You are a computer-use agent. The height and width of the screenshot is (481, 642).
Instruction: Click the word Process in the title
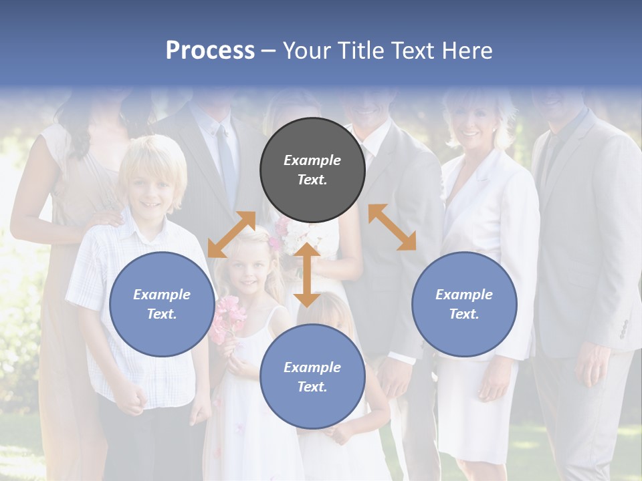pos(210,51)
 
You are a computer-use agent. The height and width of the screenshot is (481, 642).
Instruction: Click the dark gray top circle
pos(312,170)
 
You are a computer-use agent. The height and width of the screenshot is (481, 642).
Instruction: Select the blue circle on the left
pos(161,304)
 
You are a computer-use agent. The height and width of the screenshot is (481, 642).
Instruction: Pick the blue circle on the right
pos(464,304)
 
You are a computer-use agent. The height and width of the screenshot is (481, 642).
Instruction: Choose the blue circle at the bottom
pos(312,377)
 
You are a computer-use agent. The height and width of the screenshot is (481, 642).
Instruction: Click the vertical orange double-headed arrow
pos(307,275)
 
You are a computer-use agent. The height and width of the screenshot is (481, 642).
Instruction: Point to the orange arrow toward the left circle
pos(231,234)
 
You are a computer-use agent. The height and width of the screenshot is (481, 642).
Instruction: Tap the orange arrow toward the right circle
pos(392,227)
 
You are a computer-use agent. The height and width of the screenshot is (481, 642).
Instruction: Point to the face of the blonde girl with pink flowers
pos(249,271)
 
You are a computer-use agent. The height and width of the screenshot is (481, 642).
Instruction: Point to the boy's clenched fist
pos(136,399)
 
